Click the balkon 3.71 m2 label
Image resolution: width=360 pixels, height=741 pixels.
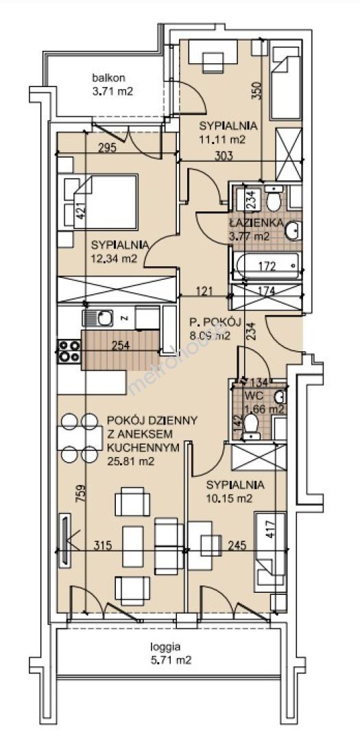click(x=112, y=84)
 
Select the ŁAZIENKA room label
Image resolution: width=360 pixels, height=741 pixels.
click(x=256, y=223)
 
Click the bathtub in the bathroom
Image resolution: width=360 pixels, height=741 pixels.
click(x=265, y=266)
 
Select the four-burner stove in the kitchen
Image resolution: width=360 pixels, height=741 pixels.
click(x=69, y=351)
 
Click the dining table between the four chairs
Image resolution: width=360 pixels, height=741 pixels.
click(x=80, y=438)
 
